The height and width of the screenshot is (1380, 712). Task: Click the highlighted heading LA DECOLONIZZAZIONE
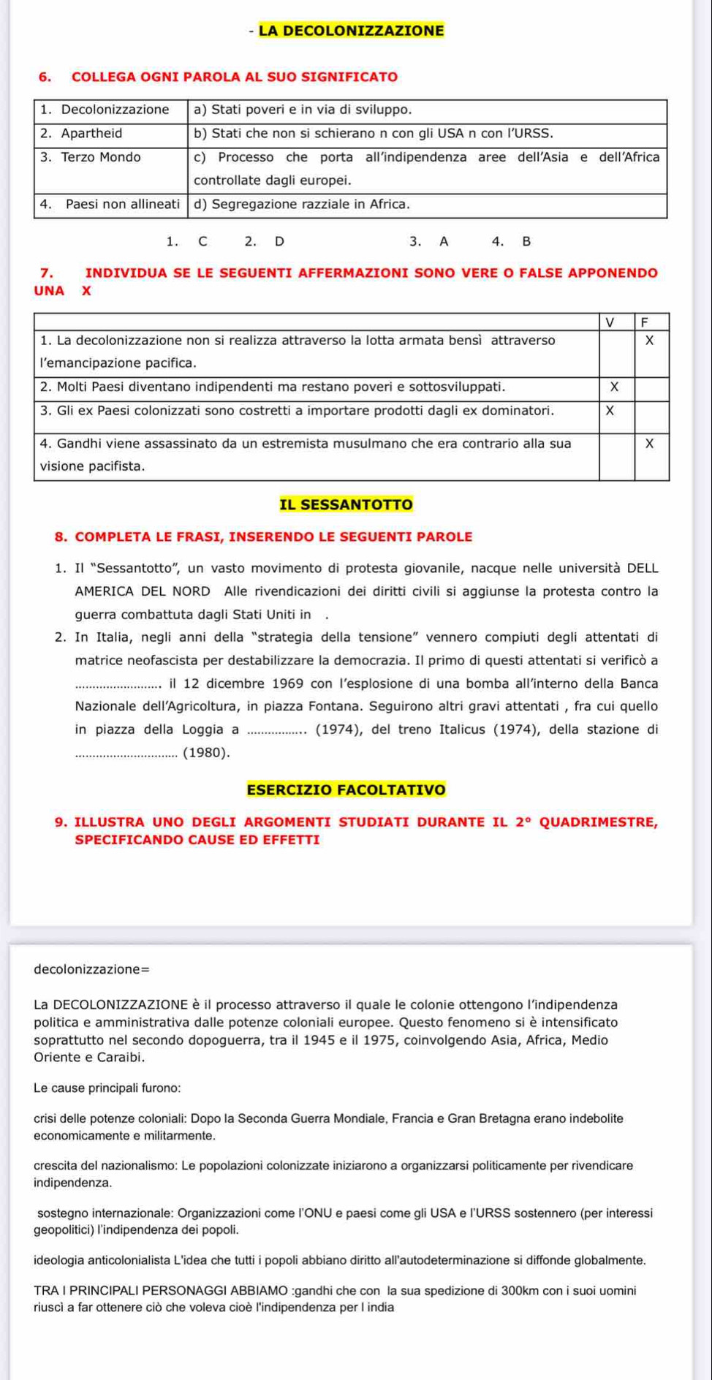click(351, 31)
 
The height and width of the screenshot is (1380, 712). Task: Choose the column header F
click(644, 322)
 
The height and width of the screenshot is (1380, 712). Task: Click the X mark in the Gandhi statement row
click(649, 444)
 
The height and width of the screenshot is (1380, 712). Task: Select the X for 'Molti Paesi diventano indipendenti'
click(614, 387)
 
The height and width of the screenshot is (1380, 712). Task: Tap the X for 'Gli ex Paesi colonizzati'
click(610, 411)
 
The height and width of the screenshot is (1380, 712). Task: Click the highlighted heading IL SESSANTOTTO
click(346, 504)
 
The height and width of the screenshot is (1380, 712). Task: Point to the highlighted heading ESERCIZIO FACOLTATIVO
click(346, 789)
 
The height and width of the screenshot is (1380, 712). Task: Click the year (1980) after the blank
click(206, 752)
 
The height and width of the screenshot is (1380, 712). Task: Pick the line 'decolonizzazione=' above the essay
click(91, 969)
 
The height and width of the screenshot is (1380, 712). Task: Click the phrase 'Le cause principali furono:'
click(107, 1088)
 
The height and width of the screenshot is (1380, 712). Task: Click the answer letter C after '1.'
click(202, 242)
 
